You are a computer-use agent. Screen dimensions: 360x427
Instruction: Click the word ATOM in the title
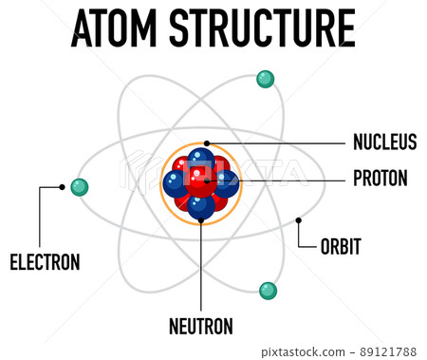(116, 29)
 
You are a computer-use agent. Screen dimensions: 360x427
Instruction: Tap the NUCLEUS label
(384, 142)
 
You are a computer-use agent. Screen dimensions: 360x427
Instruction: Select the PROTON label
(380, 178)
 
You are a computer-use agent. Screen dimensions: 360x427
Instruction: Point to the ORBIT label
(340, 247)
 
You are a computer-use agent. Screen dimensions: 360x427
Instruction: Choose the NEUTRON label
(201, 326)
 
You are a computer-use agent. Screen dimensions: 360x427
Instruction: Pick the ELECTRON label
(45, 262)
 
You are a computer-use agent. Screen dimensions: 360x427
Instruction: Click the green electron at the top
(266, 79)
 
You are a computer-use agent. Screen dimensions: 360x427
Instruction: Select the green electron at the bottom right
(269, 290)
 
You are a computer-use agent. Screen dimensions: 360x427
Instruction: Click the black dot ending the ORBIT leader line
(299, 220)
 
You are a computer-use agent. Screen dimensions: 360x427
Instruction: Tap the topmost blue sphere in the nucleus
(201, 160)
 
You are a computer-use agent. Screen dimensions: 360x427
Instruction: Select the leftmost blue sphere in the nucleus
(176, 182)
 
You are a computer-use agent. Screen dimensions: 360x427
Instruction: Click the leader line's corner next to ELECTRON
(39, 187)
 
